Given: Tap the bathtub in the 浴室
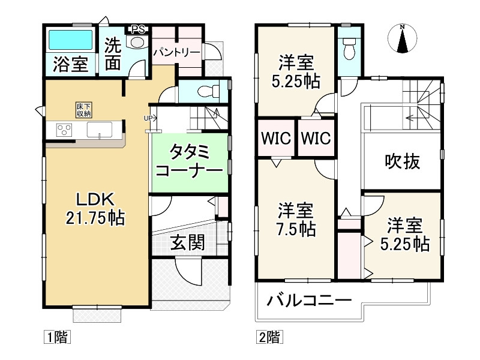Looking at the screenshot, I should point(70,41).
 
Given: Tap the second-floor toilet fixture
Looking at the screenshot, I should point(348,49).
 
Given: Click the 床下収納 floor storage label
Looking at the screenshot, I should point(83,109).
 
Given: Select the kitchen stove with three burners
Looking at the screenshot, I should point(64,130).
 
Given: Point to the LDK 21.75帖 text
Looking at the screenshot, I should point(95,208).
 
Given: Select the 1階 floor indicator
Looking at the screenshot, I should point(57,337).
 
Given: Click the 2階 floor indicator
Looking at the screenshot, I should point(269,337).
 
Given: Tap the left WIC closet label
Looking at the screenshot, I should point(275,138).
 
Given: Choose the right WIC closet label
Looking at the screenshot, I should point(316,138).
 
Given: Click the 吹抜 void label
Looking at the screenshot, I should point(402,161).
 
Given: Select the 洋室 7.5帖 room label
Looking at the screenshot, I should point(296,220).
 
